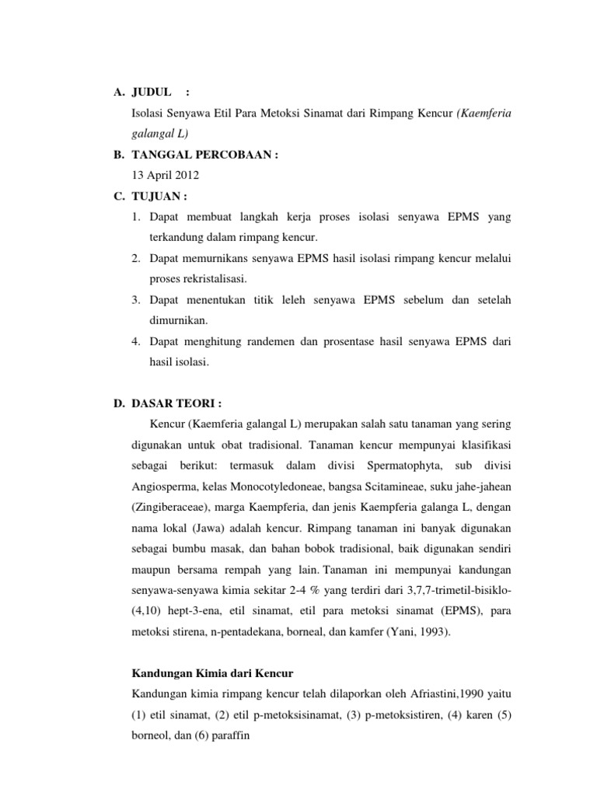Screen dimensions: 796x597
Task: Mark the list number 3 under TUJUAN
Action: coord(138,298)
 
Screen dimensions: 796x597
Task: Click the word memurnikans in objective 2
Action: coord(222,257)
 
